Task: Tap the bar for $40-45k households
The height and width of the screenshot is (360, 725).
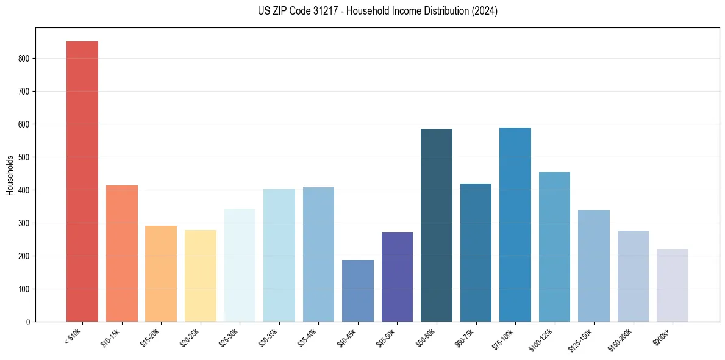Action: (357, 290)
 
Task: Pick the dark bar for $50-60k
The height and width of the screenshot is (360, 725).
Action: (436, 225)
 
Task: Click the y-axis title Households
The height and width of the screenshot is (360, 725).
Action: (10, 175)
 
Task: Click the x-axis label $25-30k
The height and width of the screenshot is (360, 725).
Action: (229, 338)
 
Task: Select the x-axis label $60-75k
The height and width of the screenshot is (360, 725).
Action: (465, 338)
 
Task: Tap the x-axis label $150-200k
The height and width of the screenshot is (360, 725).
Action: (621, 339)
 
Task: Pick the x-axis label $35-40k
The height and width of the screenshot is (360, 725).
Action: (308, 338)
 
